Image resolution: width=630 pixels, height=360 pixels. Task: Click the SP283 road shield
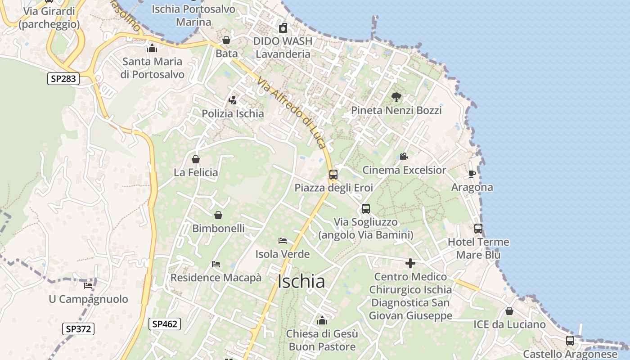[x=63, y=79]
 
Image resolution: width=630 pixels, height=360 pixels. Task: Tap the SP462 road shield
[x=165, y=324]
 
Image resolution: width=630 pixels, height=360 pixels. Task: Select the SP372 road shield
[x=78, y=329]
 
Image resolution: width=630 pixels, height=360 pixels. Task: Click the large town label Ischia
[x=301, y=282]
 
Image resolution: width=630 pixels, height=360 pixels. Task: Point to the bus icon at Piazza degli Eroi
[x=333, y=175]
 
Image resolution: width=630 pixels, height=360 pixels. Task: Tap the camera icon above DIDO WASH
[x=283, y=28]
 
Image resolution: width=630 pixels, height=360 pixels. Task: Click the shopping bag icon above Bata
[x=226, y=40]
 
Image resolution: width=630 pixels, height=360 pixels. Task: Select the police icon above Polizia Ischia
[x=233, y=100]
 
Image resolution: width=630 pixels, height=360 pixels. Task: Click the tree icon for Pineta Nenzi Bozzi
[x=396, y=97]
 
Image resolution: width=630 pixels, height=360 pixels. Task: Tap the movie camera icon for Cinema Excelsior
[x=404, y=157]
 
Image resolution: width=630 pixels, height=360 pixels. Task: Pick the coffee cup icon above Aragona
[x=472, y=174]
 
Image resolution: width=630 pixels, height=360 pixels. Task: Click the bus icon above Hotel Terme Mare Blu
[x=478, y=229]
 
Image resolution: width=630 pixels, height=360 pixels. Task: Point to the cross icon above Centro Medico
[x=410, y=263]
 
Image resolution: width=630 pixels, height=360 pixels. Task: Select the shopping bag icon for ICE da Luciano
[x=509, y=311]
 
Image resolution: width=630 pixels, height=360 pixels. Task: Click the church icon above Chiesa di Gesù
[x=322, y=320]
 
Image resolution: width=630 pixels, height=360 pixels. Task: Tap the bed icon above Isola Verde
[x=283, y=241]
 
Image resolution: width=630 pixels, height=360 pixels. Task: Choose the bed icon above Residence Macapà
[x=216, y=264]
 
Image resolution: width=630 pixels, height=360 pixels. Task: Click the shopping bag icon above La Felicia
[x=196, y=159]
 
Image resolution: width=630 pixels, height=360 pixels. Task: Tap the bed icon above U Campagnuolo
[x=88, y=285]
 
